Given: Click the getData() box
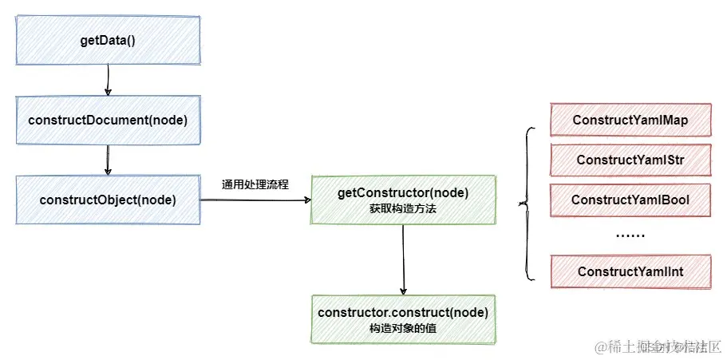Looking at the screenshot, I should pyautogui.click(x=107, y=40).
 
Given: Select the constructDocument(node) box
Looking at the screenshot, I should pyautogui.click(x=107, y=120).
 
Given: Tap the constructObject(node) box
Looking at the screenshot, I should pyautogui.click(x=107, y=200).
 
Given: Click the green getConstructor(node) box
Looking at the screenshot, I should pyautogui.click(x=402, y=200).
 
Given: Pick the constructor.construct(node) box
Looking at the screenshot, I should pyautogui.click(x=402, y=318).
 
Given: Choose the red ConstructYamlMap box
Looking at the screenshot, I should pyautogui.click(x=630, y=121).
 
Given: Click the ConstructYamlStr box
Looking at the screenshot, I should pyautogui.click(x=630, y=160).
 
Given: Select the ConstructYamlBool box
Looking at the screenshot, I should pyautogui.click(x=630, y=200).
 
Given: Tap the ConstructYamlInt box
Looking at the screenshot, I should pyautogui.click(x=630, y=271).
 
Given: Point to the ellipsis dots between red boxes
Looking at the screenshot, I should pyautogui.click(x=630, y=235).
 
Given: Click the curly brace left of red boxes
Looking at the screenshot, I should pyautogui.click(x=526, y=204).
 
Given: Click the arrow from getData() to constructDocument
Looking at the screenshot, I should pyautogui.click(x=107, y=80).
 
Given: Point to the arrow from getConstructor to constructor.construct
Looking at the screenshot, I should pyautogui.click(x=404, y=259).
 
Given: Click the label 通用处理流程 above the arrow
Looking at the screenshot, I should pyautogui.click(x=255, y=184).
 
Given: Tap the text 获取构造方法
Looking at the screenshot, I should pyautogui.click(x=402, y=208).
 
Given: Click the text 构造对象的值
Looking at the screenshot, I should pyautogui.click(x=402, y=328).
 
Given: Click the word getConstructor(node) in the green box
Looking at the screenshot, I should pyautogui.click(x=402, y=192).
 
